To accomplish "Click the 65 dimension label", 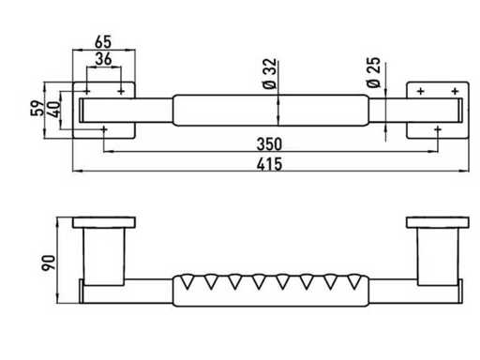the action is point(103,41).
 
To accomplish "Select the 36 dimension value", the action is point(103,59).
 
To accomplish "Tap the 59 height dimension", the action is point(37,108).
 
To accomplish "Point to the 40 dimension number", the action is point(54,109).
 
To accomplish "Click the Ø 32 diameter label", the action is point(269,73).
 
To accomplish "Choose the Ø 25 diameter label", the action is point(373,72).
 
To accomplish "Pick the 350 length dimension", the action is point(269,144).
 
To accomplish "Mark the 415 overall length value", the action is point(269,164).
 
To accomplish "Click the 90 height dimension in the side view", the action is point(49,262).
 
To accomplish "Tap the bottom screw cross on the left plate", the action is point(104,128).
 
